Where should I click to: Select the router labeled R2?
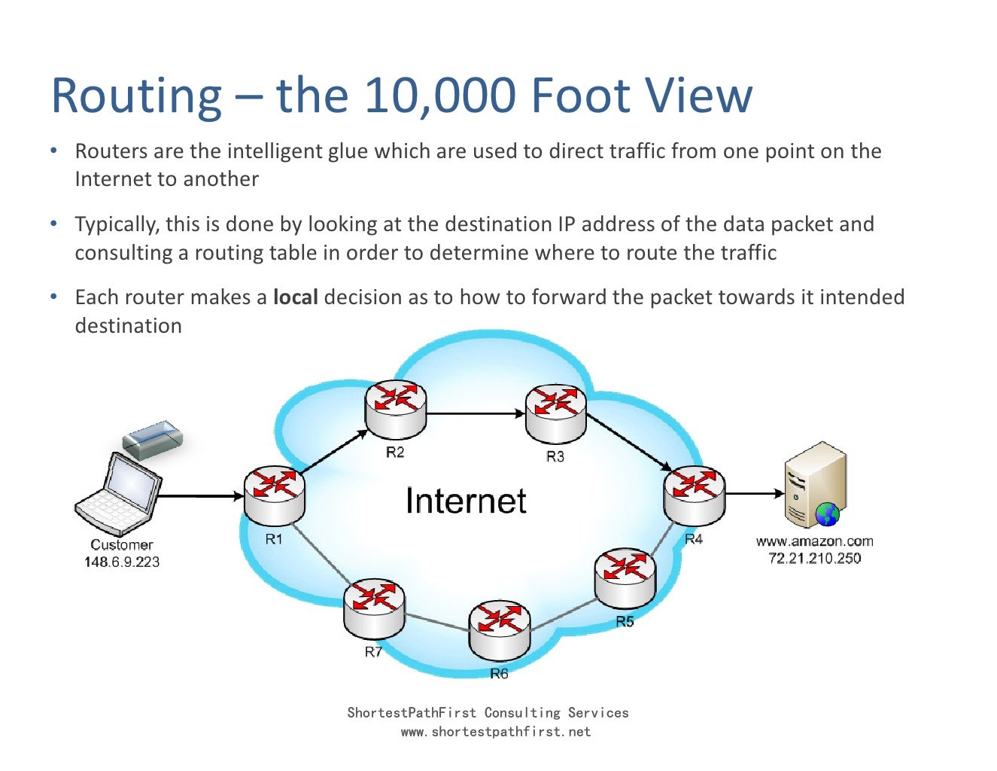[x=396, y=410]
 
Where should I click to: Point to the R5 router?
[x=625, y=577]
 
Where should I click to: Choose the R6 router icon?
[x=500, y=629]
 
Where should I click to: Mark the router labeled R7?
[x=374, y=608]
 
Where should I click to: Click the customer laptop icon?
[x=119, y=494]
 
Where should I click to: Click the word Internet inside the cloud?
[x=466, y=501]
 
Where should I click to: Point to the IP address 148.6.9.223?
[x=122, y=562]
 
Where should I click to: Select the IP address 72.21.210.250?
[x=815, y=558]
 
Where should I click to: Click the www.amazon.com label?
[x=815, y=541]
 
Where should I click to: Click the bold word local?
[x=295, y=297]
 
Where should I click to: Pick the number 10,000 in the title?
[x=441, y=96]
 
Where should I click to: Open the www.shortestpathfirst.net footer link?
[x=496, y=732]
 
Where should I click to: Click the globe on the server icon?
[x=827, y=515]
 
